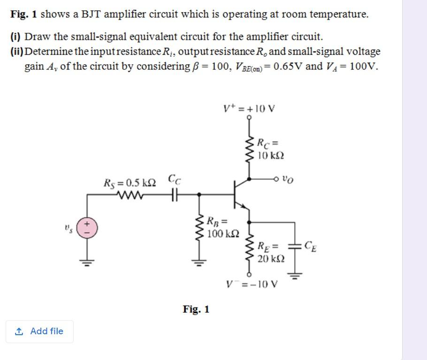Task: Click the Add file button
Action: coord(39,331)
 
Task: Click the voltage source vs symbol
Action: coord(86,228)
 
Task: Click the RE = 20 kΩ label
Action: coord(270,252)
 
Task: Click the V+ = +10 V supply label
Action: coord(249,109)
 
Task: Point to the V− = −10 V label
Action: coord(252,284)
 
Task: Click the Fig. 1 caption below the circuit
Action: coord(196,309)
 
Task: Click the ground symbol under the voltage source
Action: coord(86,262)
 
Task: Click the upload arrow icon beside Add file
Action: coord(19,331)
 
